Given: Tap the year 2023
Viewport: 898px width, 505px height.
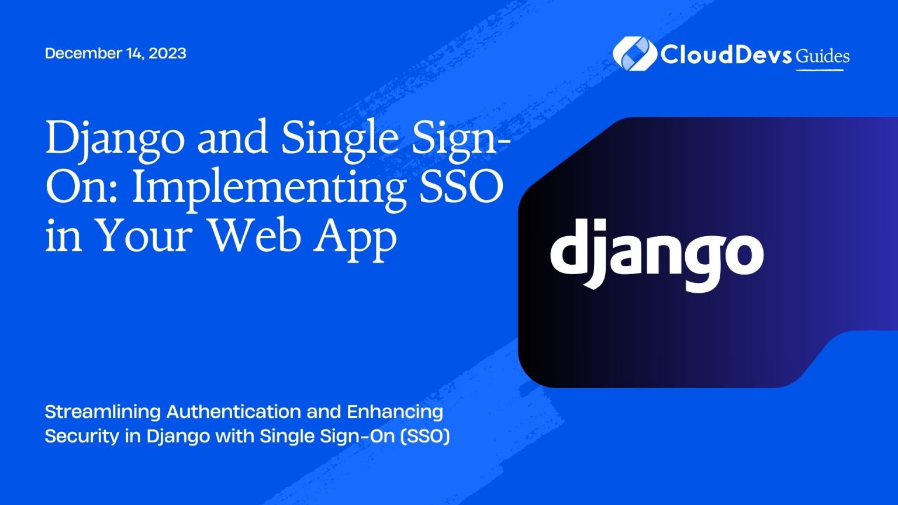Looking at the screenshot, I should tap(167, 53).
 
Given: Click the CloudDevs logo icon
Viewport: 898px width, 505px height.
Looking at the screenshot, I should tap(633, 54).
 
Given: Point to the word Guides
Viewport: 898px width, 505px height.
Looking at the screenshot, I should tap(823, 56).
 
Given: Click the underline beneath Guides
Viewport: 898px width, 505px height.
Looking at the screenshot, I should tap(820, 70).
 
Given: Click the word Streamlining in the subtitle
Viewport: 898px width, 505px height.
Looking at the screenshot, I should tap(103, 412).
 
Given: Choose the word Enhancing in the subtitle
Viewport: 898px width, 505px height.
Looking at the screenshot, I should tap(395, 412).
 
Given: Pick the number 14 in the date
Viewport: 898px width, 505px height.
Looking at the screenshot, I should tap(133, 53).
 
